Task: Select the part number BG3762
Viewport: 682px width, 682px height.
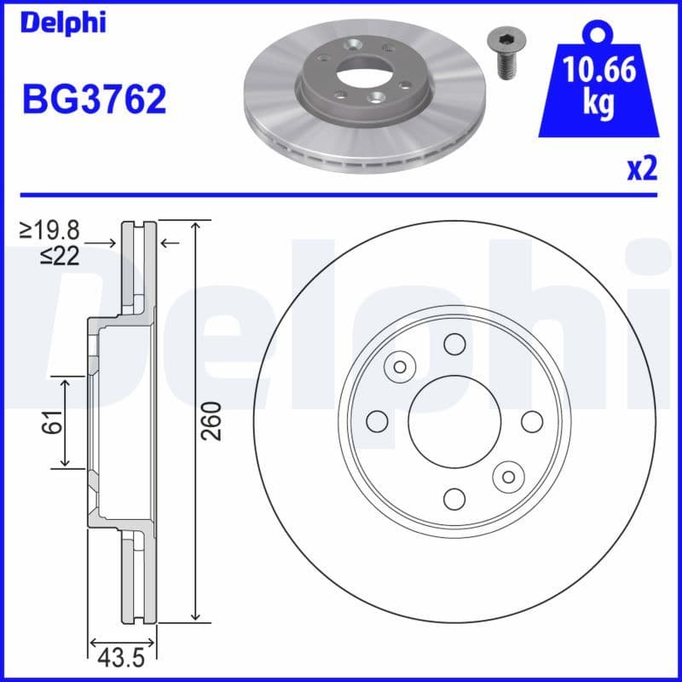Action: pos(94,101)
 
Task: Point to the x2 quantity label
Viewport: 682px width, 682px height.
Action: pos(643,170)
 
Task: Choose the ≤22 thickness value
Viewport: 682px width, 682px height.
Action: pos(60,255)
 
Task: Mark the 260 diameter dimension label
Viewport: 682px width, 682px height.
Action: pos(211,420)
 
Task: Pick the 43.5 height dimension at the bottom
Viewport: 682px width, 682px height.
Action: pos(122,659)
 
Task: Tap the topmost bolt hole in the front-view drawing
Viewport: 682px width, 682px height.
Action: pos(454,344)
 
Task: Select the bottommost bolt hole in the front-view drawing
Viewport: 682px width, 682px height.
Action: pos(454,498)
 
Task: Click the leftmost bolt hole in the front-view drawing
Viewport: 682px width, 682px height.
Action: pos(377,421)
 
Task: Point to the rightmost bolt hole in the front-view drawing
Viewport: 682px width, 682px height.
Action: pos(532,421)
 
